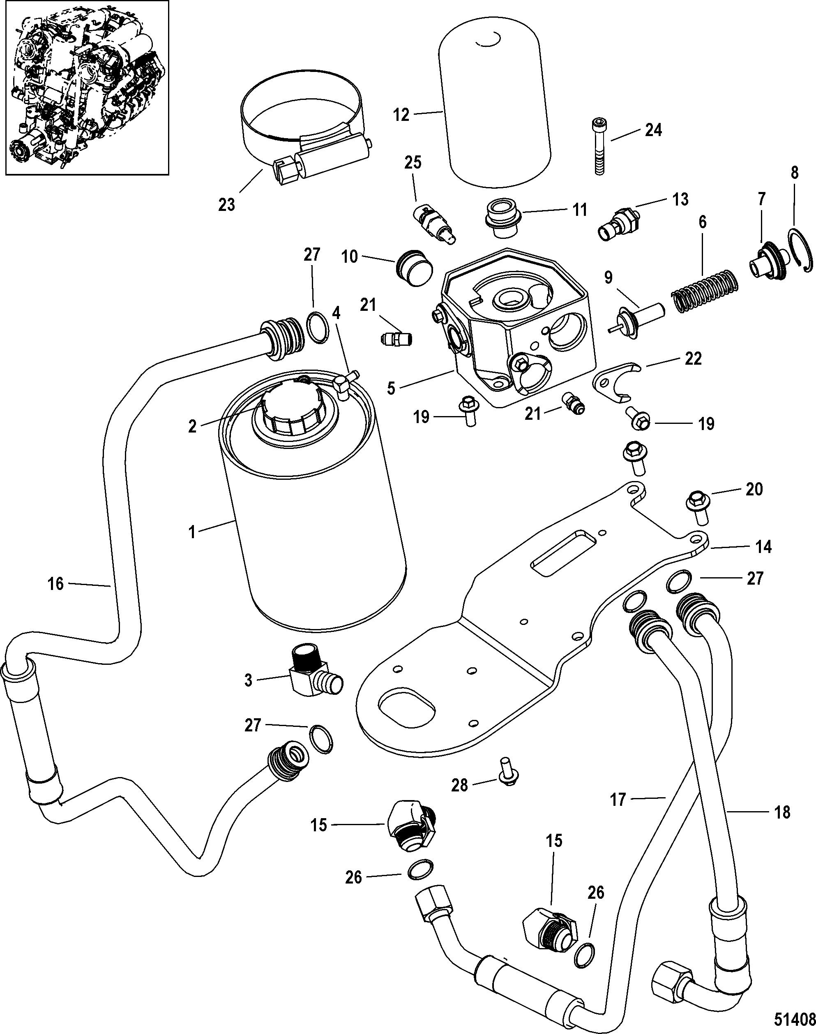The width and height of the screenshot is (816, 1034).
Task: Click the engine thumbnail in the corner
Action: pos(85,88)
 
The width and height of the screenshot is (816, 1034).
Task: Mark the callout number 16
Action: pos(56,584)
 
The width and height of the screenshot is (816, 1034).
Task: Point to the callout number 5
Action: pos(392,388)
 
